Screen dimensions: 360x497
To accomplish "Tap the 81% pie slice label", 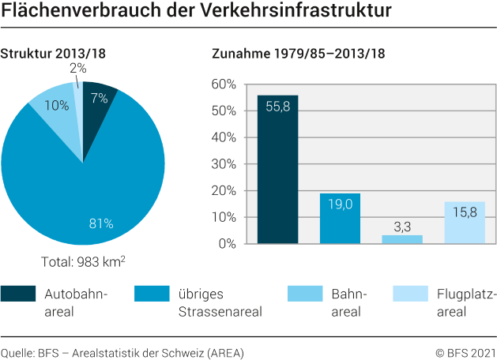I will pos(101,223).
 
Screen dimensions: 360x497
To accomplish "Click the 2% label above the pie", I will pos(77,69).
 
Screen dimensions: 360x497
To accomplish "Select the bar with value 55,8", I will pos(277,170).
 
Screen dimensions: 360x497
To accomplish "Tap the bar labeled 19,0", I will pos(340,219).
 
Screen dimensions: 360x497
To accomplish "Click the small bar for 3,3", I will pos(401,239).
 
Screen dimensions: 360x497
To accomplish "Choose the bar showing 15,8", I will pos(464,223).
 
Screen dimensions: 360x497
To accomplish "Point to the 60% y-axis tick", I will pos(224,84).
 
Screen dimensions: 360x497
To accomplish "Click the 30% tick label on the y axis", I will pos(224,164).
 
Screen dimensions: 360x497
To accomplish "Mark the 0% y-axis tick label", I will pos(227,244).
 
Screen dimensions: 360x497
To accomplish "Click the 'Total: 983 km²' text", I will pos(83,262).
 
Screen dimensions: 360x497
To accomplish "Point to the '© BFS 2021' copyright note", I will pos(465,352).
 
